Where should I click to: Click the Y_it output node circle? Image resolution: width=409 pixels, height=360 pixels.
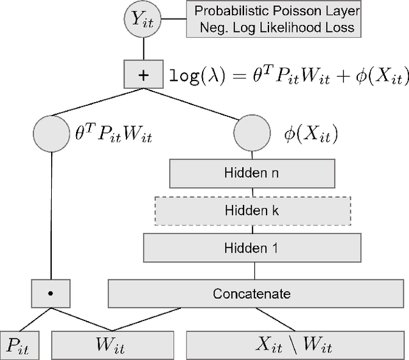(x=144, y=20)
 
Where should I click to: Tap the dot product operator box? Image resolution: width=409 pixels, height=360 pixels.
(x=49, y=294)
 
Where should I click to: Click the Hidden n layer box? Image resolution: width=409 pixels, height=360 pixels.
(x=251, y=172)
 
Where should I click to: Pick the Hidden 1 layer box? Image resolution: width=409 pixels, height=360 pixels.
(x=251, y=247)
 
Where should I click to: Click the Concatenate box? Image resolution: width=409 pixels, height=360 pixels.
(x=251, y=294)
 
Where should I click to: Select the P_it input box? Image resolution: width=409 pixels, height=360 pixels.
(x=20, y=345)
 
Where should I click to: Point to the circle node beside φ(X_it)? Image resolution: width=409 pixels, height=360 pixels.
(x=249, y=134)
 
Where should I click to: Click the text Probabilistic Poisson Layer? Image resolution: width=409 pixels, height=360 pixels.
(x=277, y=11)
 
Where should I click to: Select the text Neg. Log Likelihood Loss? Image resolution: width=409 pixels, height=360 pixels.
(x=277, y=27)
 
